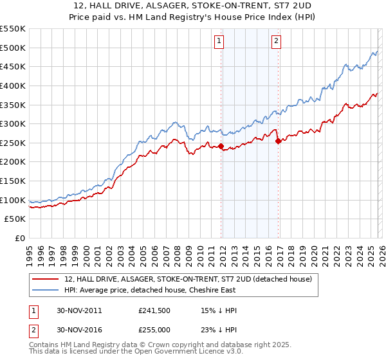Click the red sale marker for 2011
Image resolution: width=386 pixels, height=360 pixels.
[x=221, y=147]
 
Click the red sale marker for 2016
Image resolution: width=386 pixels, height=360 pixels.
[x=278, y=141]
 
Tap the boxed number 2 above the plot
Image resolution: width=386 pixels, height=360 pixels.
[x=276, y=42]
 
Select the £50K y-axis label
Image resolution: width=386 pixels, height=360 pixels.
[x=15, y=219]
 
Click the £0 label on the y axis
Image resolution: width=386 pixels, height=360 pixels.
[x=19, y=239]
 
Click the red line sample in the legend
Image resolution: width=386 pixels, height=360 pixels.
[x=45, y=279]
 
